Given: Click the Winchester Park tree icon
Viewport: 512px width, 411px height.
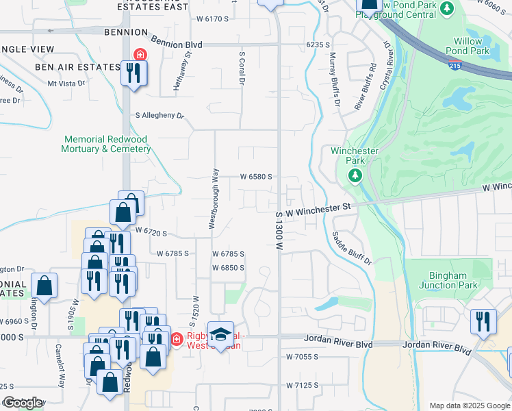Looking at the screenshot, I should [x=355, y=176].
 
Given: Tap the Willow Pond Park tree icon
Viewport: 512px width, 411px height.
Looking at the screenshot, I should [x=447, y=9].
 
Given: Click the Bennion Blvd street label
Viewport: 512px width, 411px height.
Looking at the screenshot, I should [x=177, y=44].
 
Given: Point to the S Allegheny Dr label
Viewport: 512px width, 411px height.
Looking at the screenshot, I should [x=160, y=116].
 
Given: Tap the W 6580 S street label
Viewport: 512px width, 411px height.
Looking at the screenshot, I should [x=256, y=176].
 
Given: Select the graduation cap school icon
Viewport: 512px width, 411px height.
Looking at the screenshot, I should [x=220, y=334].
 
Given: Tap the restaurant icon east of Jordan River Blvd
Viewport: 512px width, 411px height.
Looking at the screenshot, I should [x=483, y=321].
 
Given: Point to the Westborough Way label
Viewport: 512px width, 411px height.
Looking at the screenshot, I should [x=214, y=198].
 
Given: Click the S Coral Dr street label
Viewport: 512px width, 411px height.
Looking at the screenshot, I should [x=242, y=67].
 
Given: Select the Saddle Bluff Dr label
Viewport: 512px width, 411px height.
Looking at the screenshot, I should [x=351, y=248].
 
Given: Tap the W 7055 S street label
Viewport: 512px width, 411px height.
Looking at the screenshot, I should [x=303, y=357].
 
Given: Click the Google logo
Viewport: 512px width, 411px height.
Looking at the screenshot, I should [x=23, y=403].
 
